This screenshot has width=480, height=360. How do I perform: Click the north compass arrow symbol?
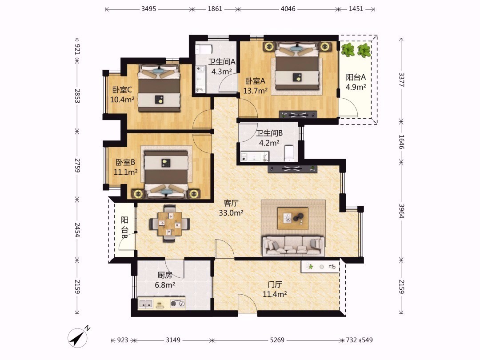[x=78, y=338]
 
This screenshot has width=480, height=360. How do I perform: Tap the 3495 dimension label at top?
[x=149, y=9]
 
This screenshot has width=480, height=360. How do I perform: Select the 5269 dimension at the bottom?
[x=277, y=340]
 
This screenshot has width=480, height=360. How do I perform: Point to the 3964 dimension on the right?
[x=401, y=211]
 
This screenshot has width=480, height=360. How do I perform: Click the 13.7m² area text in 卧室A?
[x=255, y=91]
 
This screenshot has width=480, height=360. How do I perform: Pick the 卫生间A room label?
[x=222, y=62]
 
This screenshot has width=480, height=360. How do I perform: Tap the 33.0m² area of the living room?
[x=231, y=213]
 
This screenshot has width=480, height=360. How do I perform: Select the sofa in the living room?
[x=294, y=246]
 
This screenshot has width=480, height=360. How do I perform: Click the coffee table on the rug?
[x=292, y=218]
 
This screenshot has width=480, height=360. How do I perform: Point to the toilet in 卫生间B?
[x=289, y=153]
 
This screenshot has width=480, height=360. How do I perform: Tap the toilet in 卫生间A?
[x=204, y=49]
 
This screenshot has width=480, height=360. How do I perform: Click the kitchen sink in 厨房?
[x=146, y=304]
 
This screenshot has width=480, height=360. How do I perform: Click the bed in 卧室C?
[x=159, y=88]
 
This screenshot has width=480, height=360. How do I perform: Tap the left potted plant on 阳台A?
[x=348, y=50]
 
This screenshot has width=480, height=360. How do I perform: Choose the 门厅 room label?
[x=275, y=284]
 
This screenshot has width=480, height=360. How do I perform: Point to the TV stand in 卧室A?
[x=298, y=115]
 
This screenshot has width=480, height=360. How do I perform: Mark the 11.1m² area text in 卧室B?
[x=125, y=172]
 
